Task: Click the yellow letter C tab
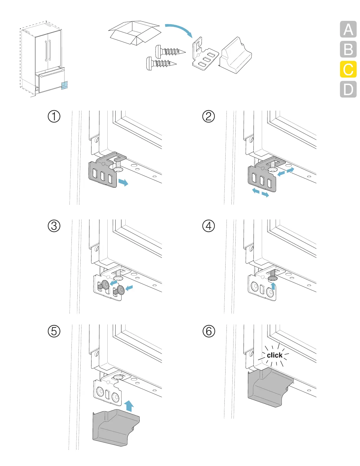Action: [x=348, y=69]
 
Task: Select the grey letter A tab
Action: [x=348, y=29]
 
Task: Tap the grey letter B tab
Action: [x=348, y=49]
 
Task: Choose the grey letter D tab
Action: [x=348, y=89]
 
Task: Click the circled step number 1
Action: [x=54, y=116]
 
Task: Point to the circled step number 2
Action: [x=209, y=116]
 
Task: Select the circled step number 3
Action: [x=54, y=226]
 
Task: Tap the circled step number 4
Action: [x=209, y=226]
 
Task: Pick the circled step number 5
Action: [x=54, y=331]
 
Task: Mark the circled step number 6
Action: [x=209, y=331]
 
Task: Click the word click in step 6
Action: [x=274, y=355]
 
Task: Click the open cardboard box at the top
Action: [x=134, y=32]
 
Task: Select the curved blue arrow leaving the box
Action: [x=180, y=29]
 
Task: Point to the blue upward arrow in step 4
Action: [x=273, y=286]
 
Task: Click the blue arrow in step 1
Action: [x=123, y=182]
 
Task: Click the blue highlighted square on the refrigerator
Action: [x=64, y=85]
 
